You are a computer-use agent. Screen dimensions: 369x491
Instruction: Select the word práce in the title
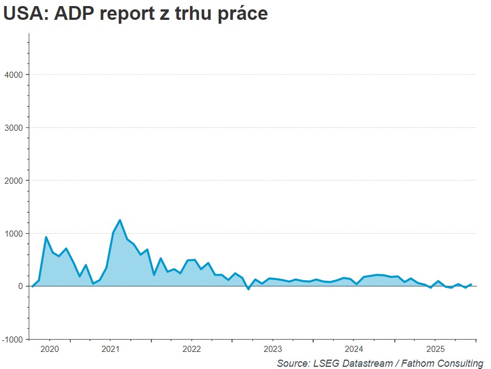[239, 14]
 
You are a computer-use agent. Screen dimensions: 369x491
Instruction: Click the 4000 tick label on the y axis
[13, 74]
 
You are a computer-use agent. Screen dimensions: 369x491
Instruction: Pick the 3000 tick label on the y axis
[13, 127]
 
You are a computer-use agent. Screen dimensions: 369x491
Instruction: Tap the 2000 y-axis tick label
[13, 180]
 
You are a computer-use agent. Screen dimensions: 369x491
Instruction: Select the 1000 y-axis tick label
[13, 233]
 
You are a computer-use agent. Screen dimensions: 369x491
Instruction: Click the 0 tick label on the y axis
[20, 286]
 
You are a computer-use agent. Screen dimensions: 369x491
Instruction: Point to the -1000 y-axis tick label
[12, 339]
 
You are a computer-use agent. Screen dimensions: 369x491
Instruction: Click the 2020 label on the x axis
[49, 349]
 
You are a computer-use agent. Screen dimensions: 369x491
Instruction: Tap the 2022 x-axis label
[192, 349]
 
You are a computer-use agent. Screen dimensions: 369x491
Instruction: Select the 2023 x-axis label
[273, 349]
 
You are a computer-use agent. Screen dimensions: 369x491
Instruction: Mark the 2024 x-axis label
[354, 349]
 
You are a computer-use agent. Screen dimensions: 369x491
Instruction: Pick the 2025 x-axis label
[435, 349]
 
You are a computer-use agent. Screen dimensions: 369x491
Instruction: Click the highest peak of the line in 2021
[120, 220]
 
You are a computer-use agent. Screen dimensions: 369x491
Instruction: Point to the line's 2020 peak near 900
[46, 237]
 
